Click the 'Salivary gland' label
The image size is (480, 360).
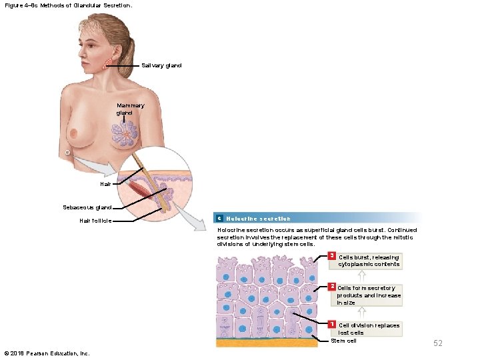tap(161, 65)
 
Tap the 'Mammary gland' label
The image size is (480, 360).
tap(130, 109)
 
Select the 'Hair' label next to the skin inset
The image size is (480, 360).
tap(105, 183)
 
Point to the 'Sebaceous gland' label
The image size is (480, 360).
tap(87, 207)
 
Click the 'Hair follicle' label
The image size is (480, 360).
tap(95, 220)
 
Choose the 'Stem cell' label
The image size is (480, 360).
tap(344, 341)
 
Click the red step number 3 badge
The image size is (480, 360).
tap(333, 257)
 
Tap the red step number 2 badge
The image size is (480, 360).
tap(333, 287)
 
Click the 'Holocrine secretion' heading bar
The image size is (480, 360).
tap(317, 218)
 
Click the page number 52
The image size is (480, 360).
tap(438, 343)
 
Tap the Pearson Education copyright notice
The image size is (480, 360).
tap(47, 353)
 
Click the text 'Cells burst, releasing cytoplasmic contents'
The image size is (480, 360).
tap(369, 261)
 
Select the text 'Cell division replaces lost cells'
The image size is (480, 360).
tap(369, 329)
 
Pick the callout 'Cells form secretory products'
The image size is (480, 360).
tap(369, 295)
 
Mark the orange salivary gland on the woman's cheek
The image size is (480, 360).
tap(108, 64)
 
